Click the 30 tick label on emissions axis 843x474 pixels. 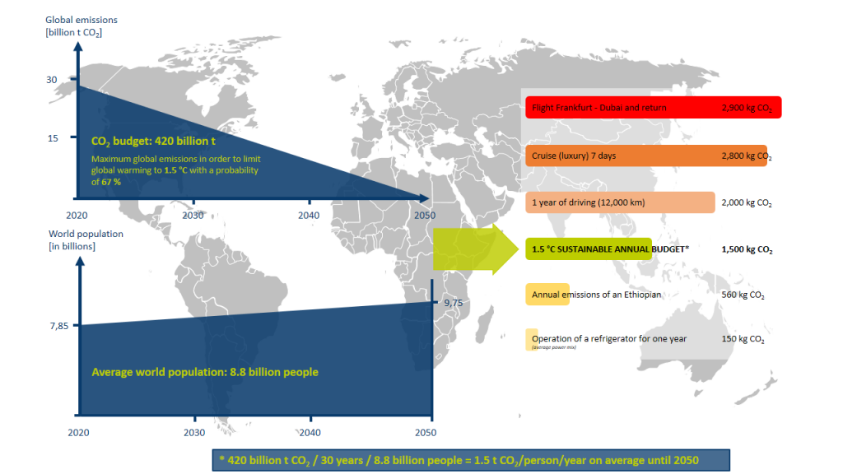(52, 80)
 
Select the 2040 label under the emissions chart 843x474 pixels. (309, 215)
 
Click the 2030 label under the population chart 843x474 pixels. (194, 432)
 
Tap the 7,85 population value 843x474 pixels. (59, 326)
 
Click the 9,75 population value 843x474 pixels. (454, 303)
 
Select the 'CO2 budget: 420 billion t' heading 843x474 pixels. (153, 142)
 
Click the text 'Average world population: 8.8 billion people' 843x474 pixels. (205, 372)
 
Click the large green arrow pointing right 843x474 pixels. (475, 249)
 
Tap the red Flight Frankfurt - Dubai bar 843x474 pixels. (653, 108)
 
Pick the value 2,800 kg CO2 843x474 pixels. (747, 156)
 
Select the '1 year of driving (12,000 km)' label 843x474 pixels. (588, 202)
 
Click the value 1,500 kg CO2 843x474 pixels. (747, 249)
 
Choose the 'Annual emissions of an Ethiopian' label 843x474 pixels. (596, 295)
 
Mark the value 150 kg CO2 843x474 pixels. (743, 339)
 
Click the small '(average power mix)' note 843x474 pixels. (554, 347)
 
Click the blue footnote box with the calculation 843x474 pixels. (471, 461)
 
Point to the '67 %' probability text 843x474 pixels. (111, 182)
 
